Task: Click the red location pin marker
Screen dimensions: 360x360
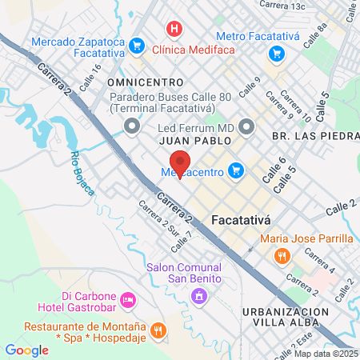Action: coord(181,163)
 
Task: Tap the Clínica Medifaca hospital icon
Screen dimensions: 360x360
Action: coord(171,29)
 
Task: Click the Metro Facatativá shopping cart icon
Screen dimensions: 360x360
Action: coord(277,54)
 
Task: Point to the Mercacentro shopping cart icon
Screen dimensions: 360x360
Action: coord(235,170)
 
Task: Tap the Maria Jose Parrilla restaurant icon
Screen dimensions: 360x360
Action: coord(281,256)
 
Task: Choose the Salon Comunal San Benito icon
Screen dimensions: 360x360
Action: coord(198,297)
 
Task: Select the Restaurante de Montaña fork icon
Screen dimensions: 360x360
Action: coord(158,329)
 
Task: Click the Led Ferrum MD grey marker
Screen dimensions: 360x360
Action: coord(246,126)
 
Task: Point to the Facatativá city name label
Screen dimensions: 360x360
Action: coord(244,218)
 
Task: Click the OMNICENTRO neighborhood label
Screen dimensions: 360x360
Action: coord(145,82)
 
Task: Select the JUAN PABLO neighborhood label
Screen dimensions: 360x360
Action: coord(195,140)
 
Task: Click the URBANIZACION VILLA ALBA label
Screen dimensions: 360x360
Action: coord(286,318)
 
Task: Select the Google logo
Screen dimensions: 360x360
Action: coord(27,350)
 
